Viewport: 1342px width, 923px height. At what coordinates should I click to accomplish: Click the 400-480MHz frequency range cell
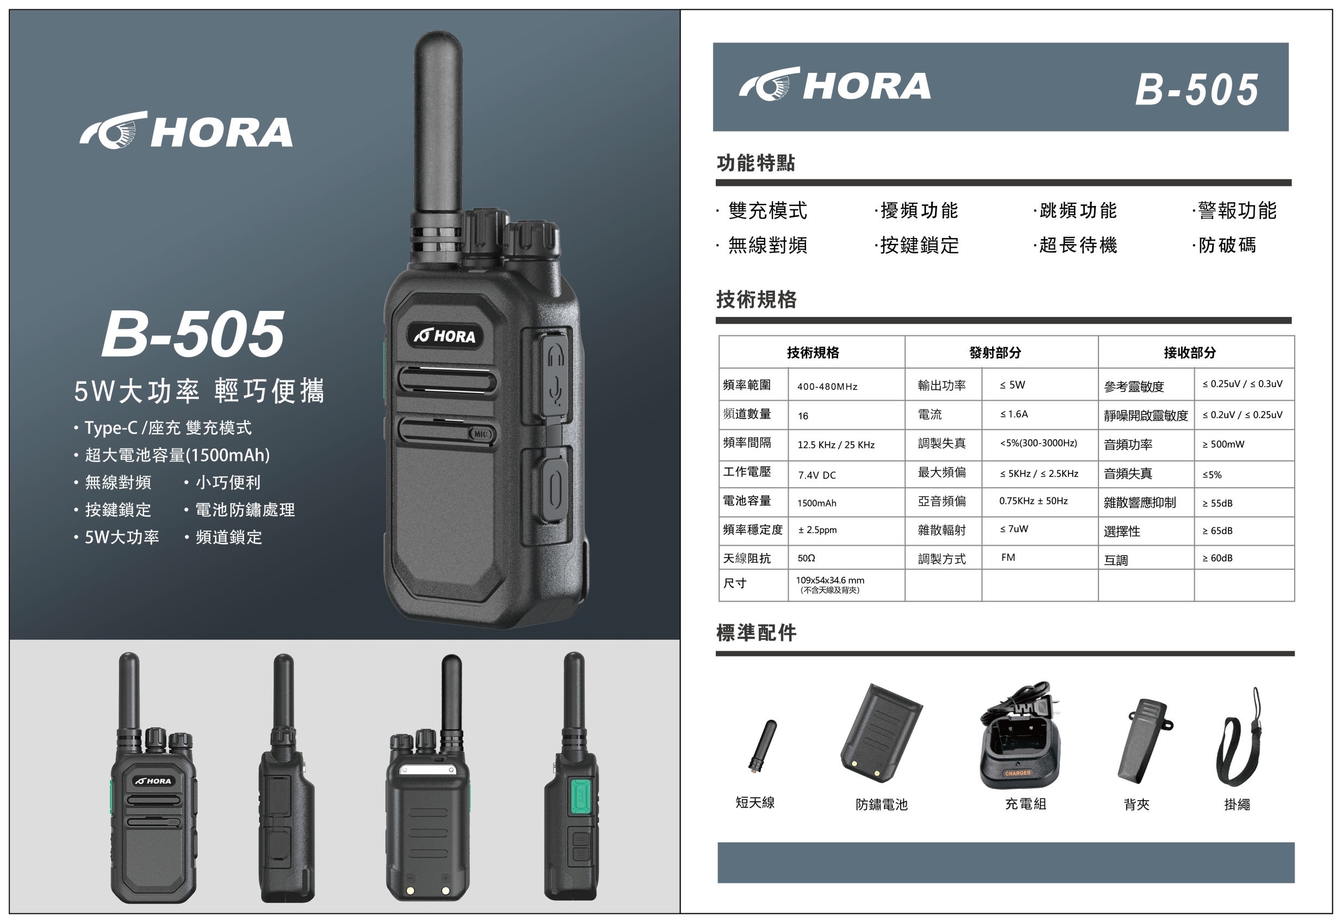pyautogui.click(x=827, y=387)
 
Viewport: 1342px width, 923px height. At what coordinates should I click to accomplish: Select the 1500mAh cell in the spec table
pyautogui.click(x=816, y=503)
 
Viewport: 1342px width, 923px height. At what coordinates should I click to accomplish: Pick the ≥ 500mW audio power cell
pyautogui.click(x=1223, y=444)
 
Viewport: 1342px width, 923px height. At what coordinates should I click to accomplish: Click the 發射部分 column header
pyautogui.click(x=995, y=352)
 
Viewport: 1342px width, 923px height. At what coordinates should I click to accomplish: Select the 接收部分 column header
pyautogui.click(x=1189, y=352)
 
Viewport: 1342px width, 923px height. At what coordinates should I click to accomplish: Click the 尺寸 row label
pyautogui.click(x=734, y=583)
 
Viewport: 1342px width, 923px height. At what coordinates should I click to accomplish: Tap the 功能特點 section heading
pyautogui.click(x=755, y=163)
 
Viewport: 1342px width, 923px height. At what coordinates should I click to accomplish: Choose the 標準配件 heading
pyautogui.click(x=756, y=633)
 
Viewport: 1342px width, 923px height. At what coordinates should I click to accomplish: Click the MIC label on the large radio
pyautogui.click(x=481, y=434)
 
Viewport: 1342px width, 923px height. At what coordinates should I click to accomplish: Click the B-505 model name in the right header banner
pyautogui.click(x=1196, y=90)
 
